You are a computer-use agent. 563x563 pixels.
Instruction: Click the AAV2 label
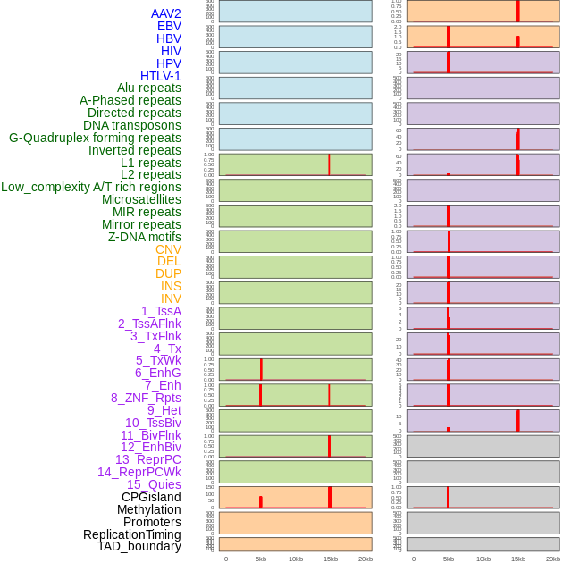(x=166, y=13)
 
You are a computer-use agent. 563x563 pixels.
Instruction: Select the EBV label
(x=169, y=26)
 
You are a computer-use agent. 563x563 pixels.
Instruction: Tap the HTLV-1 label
(x=161, y=76)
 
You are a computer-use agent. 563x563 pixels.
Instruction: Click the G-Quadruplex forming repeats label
(x=95, y=138)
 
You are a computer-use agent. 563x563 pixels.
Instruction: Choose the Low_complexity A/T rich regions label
(x=91, y=187)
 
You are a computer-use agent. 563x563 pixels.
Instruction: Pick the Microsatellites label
(x=141, y=199)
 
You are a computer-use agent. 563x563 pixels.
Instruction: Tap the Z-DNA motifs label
(x=145, y=237)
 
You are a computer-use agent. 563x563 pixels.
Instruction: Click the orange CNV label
(x=168, y=249)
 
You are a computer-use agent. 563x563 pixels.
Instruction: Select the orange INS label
(x=171, y=286)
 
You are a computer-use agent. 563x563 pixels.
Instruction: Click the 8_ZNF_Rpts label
(x=146, y=398)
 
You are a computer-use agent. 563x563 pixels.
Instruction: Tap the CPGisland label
(x=151, y=497)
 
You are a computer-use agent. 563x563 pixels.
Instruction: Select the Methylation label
(x=149, y=509)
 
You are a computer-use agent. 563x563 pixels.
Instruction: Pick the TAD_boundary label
(x=139, y=546)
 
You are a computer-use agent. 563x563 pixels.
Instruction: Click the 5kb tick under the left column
(x=261, y=559)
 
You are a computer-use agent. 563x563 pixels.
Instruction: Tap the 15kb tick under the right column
(x=518, y=559)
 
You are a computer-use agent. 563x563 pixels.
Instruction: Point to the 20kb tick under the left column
(x=366, y=559)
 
